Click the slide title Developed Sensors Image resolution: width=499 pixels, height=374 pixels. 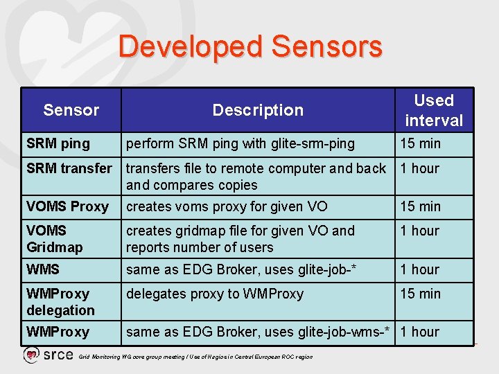250,47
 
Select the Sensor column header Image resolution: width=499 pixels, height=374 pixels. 71,110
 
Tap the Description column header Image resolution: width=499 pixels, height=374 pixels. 258,110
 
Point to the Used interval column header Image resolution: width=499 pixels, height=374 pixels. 434,110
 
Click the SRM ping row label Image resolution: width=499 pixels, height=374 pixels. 58,144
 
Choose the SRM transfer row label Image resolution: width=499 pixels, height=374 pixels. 69,168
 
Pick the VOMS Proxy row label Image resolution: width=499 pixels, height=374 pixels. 67,206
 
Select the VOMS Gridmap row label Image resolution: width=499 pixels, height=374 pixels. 55,239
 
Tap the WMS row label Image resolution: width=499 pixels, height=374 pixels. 43,269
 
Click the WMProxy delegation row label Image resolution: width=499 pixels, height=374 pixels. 60,302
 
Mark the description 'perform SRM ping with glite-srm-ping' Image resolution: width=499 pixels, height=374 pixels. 240,144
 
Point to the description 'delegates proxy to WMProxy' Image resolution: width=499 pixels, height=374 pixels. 215,294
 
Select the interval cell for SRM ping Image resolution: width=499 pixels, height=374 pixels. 420,144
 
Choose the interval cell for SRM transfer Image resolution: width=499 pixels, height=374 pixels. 420,168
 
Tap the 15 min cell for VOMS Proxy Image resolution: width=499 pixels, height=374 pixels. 420,206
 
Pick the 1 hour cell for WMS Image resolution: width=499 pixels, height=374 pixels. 420,269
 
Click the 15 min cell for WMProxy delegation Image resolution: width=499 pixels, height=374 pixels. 420,294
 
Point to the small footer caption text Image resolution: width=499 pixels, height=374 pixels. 196,357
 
